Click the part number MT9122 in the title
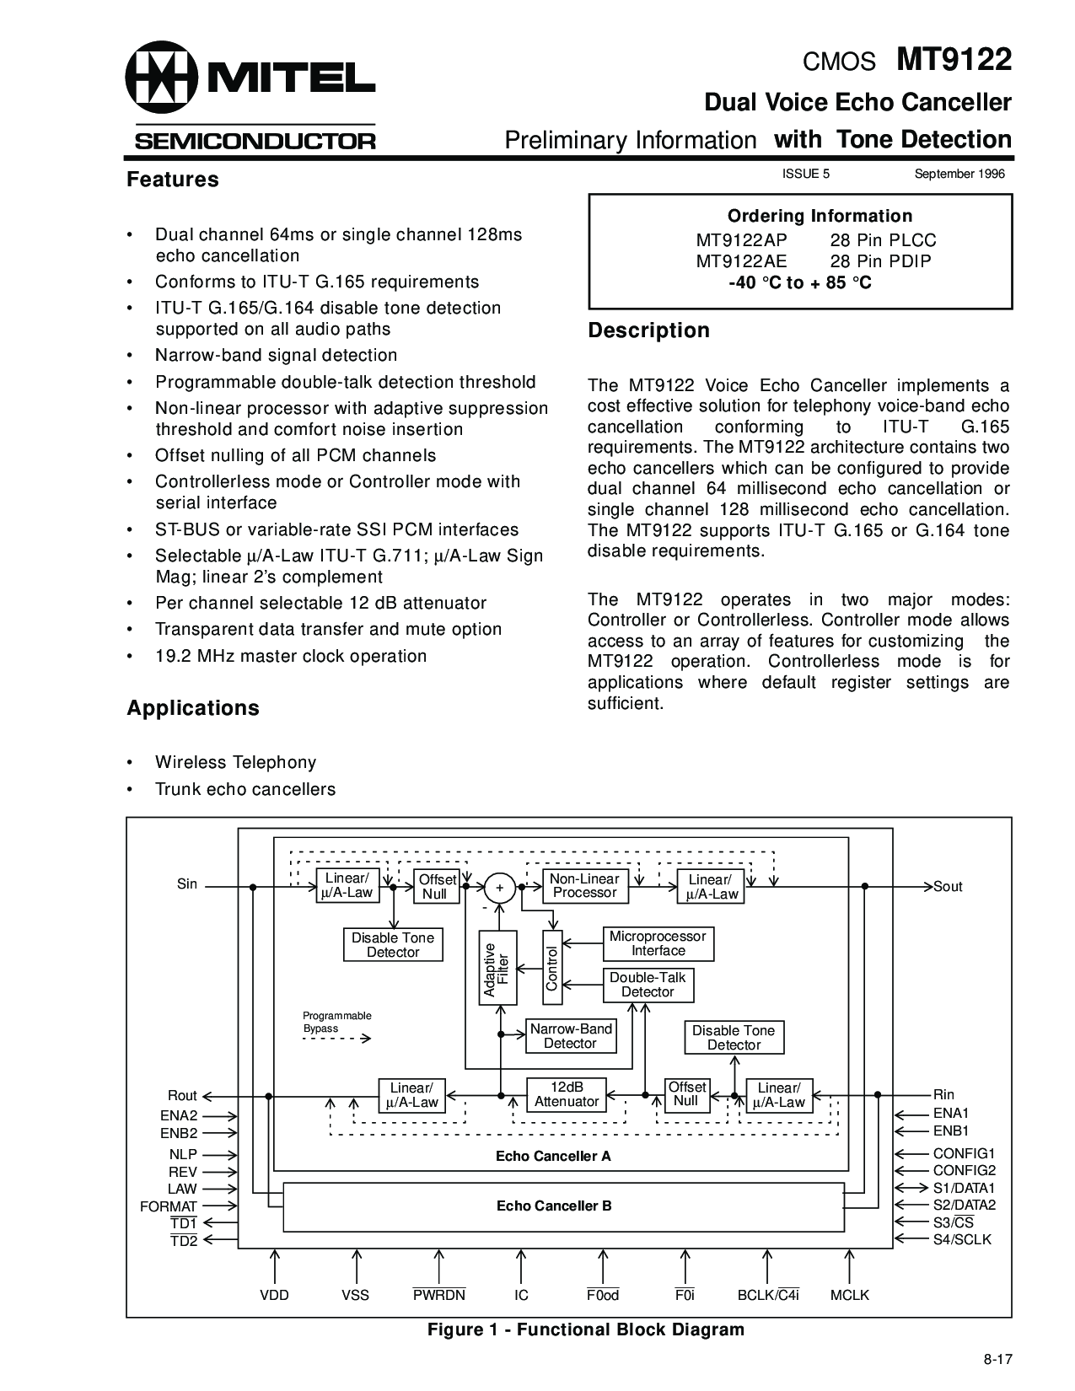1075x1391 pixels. tap(954, 62)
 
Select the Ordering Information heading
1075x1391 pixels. tap(820, 216)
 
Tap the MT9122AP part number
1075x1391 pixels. tap(741, 240)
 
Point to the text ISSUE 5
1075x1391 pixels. tap(806, 174)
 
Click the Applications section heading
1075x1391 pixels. tap(193, 708)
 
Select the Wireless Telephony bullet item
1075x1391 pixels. tap(235, 762)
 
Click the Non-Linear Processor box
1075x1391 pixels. tap(584, 886)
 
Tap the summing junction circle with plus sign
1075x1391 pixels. tap(499, 888)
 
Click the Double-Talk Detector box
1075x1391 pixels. tap(648, 985)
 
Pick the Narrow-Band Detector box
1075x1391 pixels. tap(571, 1036)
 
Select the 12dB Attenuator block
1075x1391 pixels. tap(567, 1094)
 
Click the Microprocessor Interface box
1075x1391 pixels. tap(658, 943)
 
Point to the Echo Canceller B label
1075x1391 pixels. tap(554, 1206)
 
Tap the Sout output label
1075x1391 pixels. tap(948, 887)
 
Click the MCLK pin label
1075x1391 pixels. tap(849, 1295)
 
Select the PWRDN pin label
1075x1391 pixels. tap(438, 1295)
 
